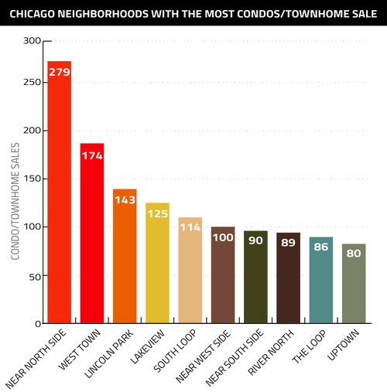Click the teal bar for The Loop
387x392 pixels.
point(320,286)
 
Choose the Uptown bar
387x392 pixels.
point(354,289)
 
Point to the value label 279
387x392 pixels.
point(60,72)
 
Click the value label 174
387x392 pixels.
point(92,156)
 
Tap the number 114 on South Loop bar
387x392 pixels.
point(190,228)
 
